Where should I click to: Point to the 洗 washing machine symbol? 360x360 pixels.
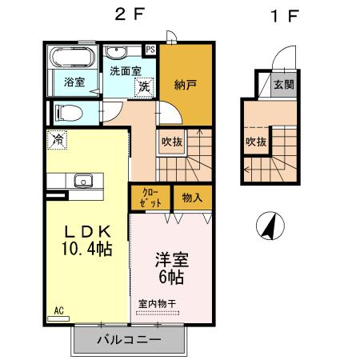click(x=143, y=86)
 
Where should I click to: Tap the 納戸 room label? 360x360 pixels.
click(x=185, y=85)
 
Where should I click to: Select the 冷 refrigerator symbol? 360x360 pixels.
click(x=57, y=140)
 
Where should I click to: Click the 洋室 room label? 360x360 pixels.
click(x=170, y=261)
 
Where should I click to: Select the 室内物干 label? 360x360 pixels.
click(x=157, y=303)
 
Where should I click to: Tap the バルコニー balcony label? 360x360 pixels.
click(x=129, y=340)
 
